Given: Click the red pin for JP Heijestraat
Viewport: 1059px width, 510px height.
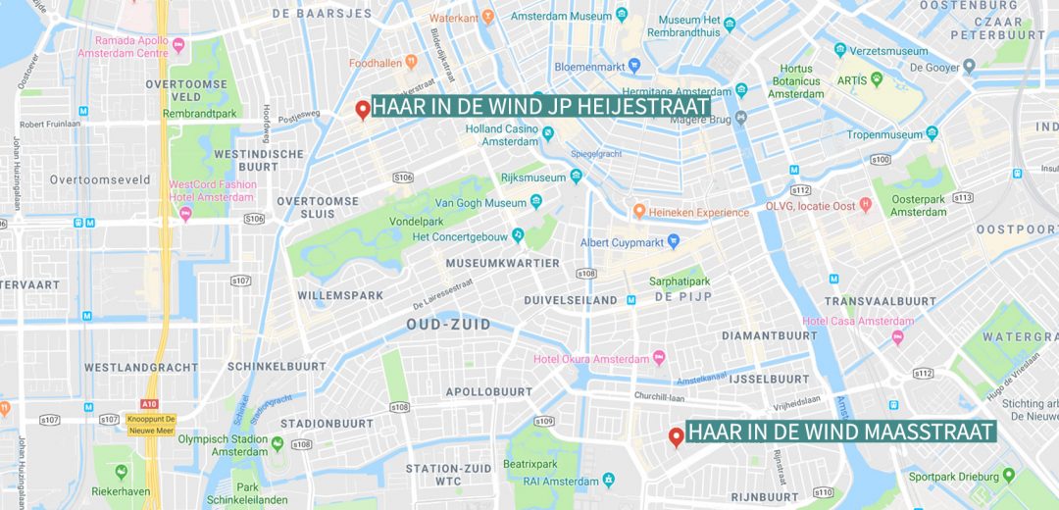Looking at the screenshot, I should [x=362, y=109].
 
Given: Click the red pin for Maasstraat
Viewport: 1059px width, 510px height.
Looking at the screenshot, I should [x=676, y=436].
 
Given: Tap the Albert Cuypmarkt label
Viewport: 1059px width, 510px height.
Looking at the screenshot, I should [x=622, y=242].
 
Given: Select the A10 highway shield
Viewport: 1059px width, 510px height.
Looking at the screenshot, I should [x=148, y=403].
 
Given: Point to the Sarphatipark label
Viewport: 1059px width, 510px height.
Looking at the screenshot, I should [x=679, y=281].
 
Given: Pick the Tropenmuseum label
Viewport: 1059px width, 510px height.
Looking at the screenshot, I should [x=884, y=134].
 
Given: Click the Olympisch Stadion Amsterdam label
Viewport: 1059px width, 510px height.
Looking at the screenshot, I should [x=223, y=444].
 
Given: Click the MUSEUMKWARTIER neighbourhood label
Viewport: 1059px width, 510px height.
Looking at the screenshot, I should [x=502, y=263].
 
